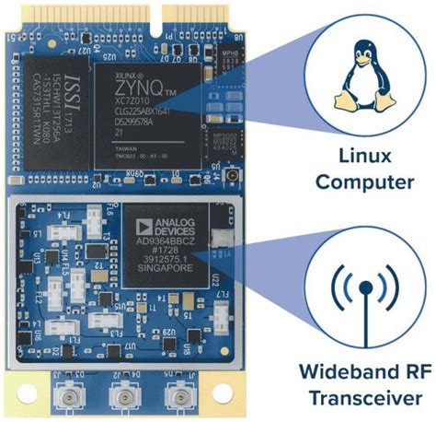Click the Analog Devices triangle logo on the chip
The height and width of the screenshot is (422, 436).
click(x=142, y=224)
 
